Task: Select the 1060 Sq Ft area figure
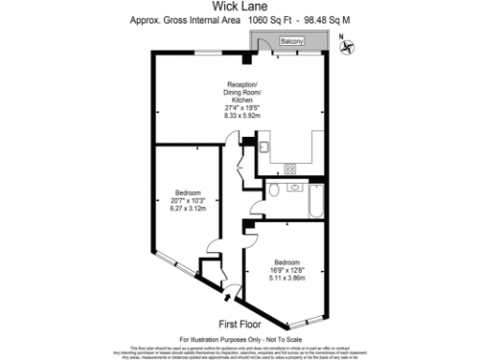(278, 19)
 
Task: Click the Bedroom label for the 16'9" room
(287, 261)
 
